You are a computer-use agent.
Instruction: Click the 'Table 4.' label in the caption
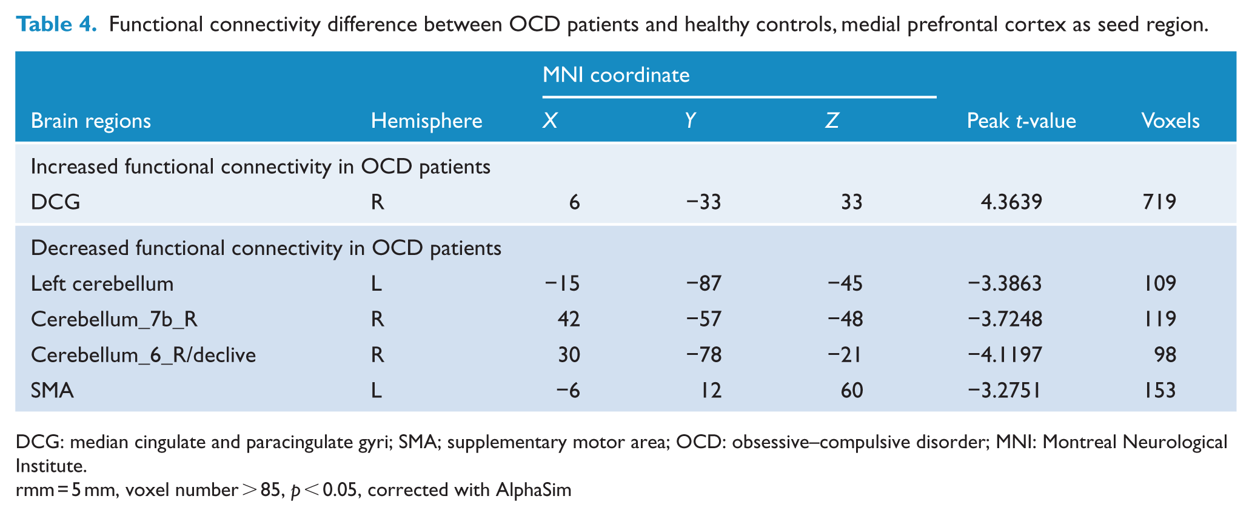click(x=56, y=25)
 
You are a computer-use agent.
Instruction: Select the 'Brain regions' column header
click(x=91, y=121)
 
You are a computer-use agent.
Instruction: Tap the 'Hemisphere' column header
click(x=427, y=121)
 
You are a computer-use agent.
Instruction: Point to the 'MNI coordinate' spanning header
click(x=616, y=75)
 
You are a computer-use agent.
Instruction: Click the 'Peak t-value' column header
click(x=1022, y=121)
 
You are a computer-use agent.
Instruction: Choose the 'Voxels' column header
click(x=1171, y=121)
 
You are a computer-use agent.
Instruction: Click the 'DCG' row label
click(x=56, y=202)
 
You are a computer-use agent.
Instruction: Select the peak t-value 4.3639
click(x=1012, y=202)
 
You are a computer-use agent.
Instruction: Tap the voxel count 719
click(x=1159, y=202)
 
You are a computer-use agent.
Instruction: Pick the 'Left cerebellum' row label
click(x=102, y=283)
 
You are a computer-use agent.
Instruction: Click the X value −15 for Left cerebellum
click(x=562, y=283)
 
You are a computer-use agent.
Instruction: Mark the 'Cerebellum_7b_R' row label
click(x=114, y=319)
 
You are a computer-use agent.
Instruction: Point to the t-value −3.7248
click(x=1005, y=319)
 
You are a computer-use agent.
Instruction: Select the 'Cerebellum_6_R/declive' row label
click(x=143, y=354)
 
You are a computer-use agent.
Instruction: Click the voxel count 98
click(x=1165, y=354)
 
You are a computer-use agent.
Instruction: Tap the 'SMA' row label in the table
click(x=52, y=390)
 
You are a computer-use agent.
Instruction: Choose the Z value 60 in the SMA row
click(x=852, y=390)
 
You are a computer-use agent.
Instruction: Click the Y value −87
click(x=703, y=283)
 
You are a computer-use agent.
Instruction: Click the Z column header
click(x=832, y=121)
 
